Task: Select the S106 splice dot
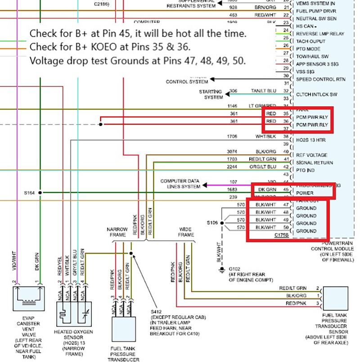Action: coord(221,223)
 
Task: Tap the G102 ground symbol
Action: coord(221,270)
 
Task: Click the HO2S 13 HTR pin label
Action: coord(310,140)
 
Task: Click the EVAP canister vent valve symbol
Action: coord(29,297)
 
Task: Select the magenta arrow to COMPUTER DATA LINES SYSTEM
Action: coord(205,185)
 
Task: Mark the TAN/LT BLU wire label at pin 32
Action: coord(263,90)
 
